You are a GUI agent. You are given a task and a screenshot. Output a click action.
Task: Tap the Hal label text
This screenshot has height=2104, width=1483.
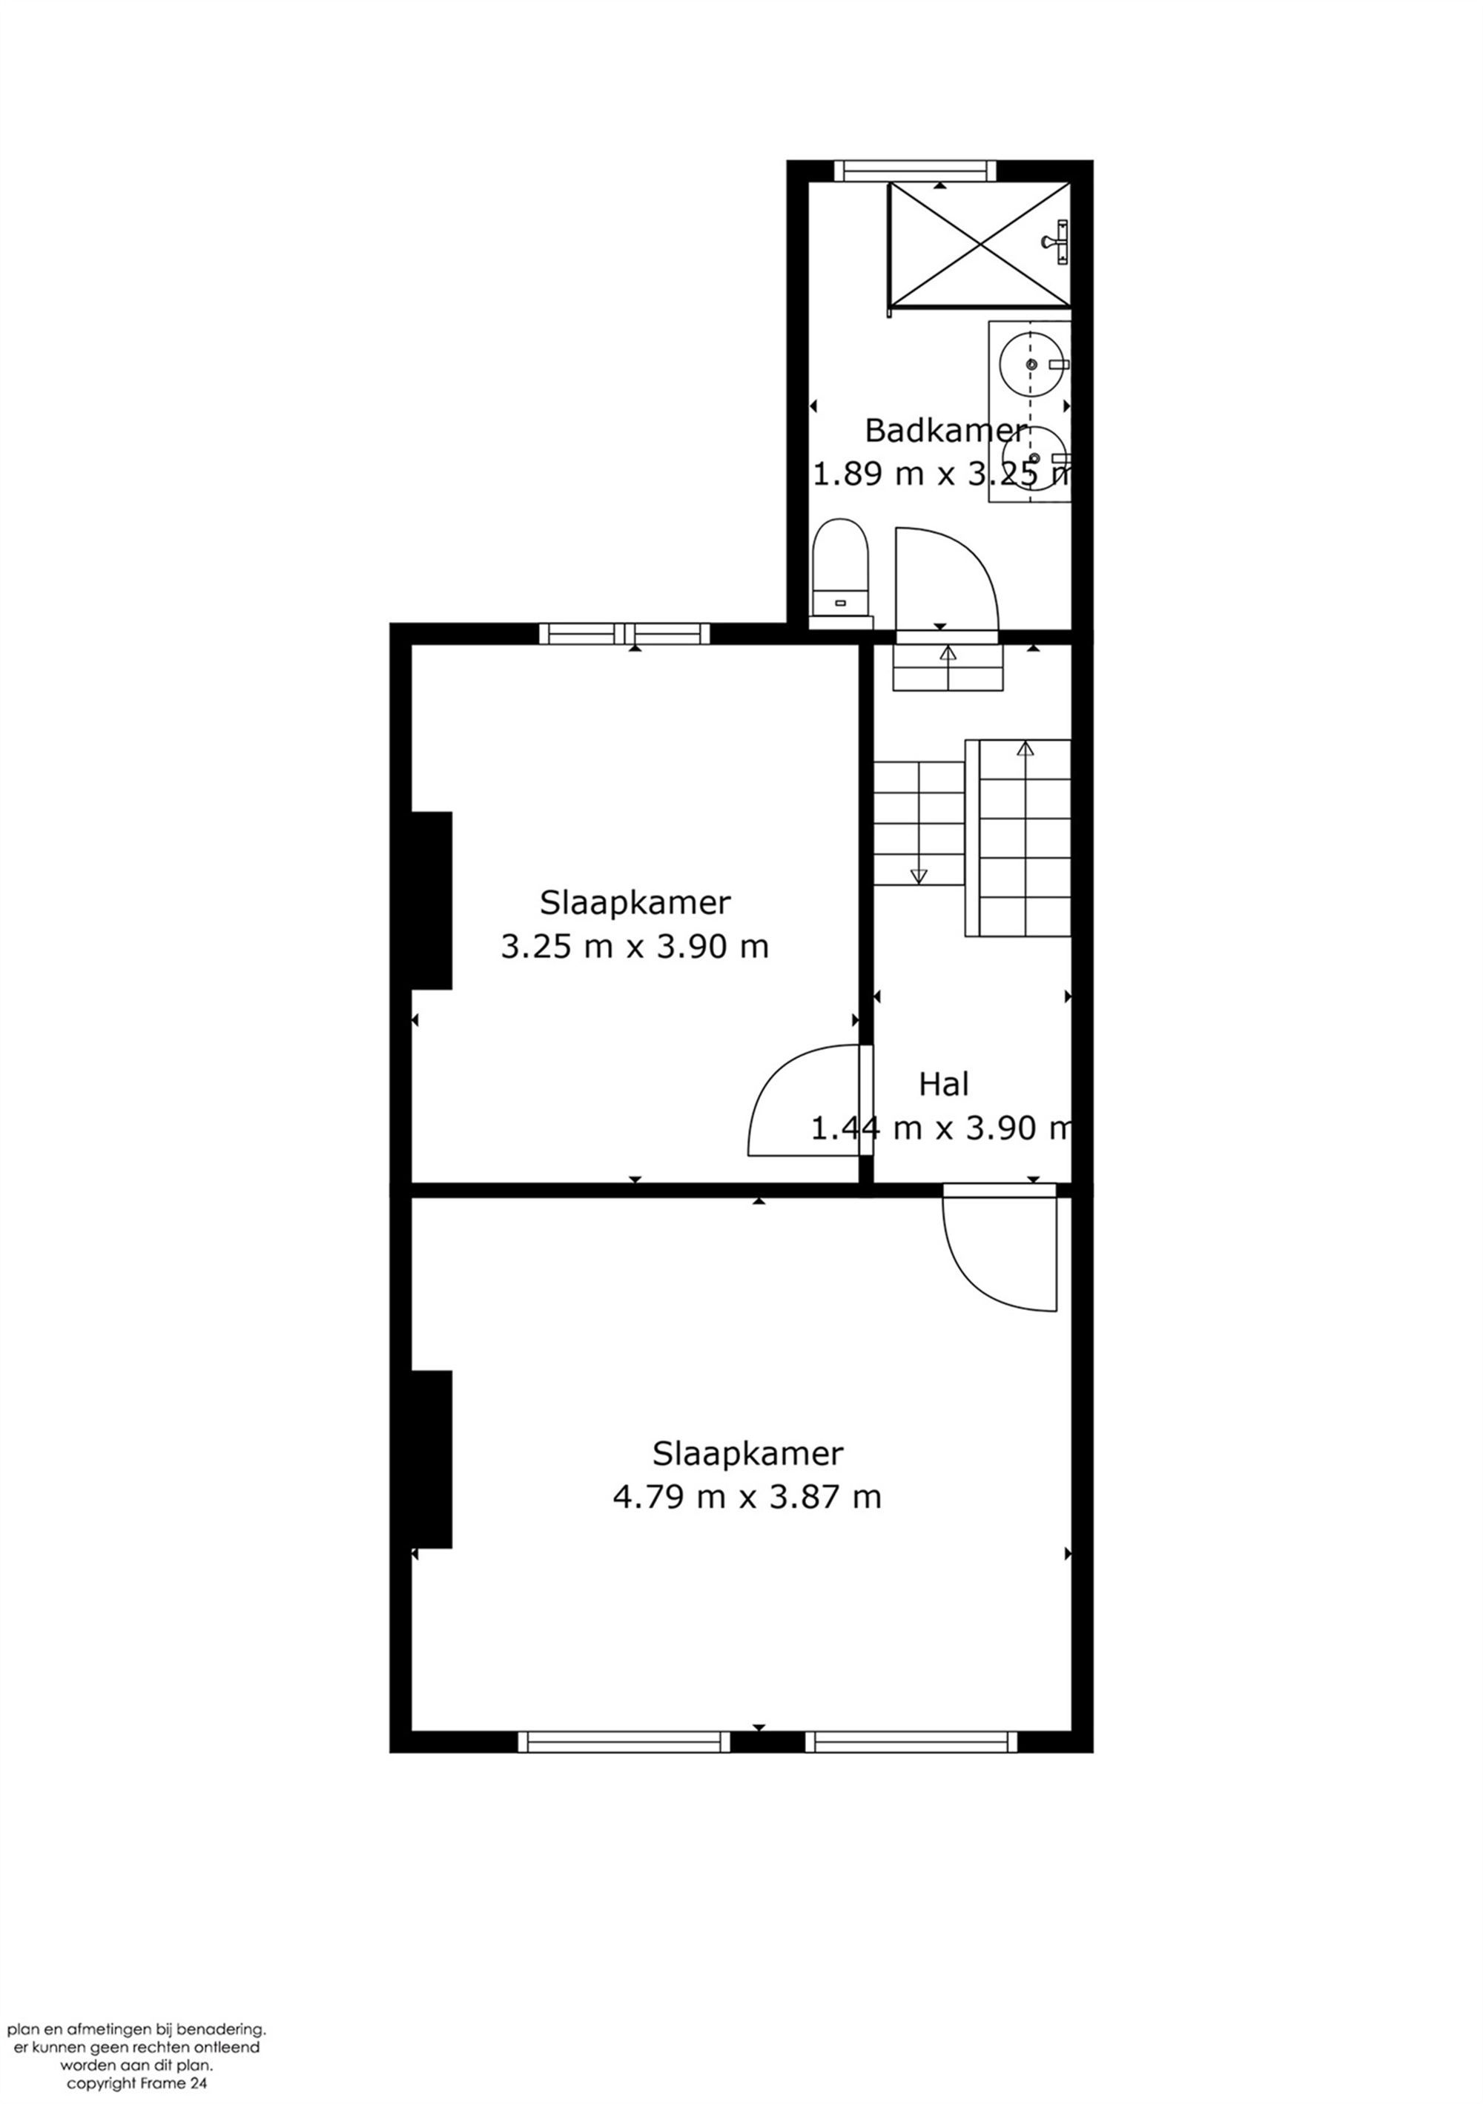click(x=943, y=1085)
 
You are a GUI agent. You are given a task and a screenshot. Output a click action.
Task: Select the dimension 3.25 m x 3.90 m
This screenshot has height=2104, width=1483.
click(x=634, y=947)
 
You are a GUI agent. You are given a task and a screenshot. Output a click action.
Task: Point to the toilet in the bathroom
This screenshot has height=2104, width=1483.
click(x=839, y=568)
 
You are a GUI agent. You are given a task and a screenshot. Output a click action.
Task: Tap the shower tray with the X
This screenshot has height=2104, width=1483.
click(x=979, y=244)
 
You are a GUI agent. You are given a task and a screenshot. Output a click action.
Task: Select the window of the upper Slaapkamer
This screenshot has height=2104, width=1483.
click(x=624, y=633)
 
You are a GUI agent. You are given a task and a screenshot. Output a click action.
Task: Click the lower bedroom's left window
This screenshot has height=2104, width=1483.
click(x=624, y=1742)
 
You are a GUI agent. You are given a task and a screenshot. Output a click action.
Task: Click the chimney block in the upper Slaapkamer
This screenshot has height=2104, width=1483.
click(x=431, y=900)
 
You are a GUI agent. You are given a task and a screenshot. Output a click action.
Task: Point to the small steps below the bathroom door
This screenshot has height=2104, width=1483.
click(x=948, y=667)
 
